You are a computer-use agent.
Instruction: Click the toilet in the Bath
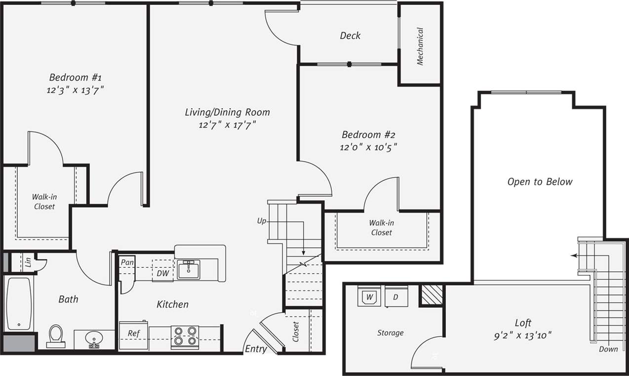pos(56,336)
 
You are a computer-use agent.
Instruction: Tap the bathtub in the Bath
pos(19,303)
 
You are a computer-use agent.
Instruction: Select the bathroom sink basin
pos(93,339)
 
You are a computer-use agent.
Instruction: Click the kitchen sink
pos(188,270)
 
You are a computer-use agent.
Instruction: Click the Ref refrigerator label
pos(133,334)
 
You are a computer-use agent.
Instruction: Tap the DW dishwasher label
pos(162,273)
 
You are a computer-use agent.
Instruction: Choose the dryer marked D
pos(396,297)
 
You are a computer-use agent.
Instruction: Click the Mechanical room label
pos(420,46)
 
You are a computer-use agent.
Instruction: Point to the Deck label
pos(350,36)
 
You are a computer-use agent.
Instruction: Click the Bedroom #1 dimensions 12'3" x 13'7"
pos(76,90)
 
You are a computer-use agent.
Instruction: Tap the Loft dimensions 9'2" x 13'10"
pos(523,335)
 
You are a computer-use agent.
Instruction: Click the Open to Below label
pos(540,182)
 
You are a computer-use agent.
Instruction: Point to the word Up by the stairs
pos(262,220)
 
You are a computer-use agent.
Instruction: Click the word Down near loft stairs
pos(608,349)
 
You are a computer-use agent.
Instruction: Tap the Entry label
pos(256,349)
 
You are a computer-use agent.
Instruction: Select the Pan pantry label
pos(127,262)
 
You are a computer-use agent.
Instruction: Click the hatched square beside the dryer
pos(431,295)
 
